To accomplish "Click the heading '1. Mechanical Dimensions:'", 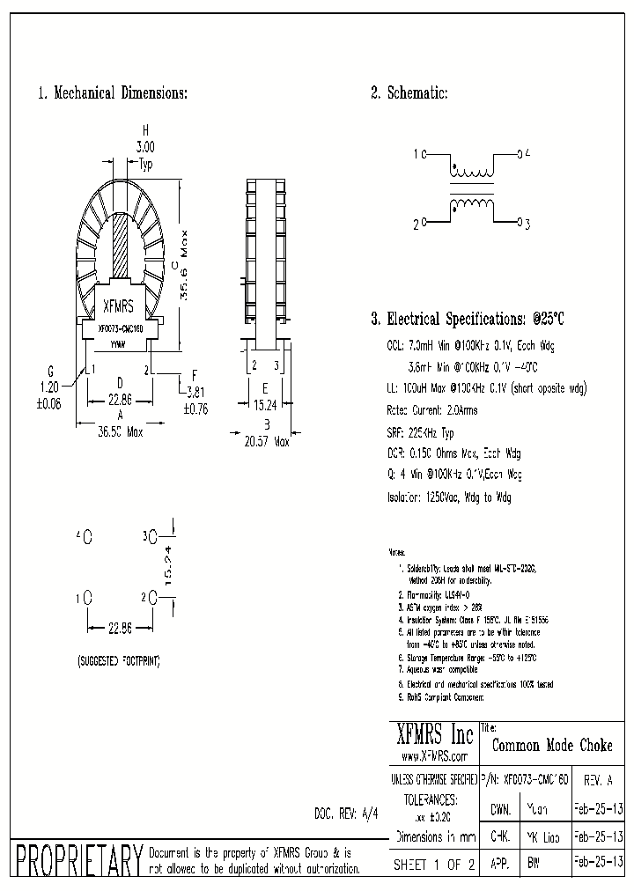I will [x=112, y=93].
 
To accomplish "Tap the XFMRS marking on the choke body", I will [x=119, y=308].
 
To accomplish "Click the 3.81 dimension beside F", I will [x=195, y=394].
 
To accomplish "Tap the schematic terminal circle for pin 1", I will [x=424, y=154].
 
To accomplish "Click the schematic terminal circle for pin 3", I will [x=520, y=223].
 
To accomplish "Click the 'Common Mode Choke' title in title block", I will [x=551, y=745].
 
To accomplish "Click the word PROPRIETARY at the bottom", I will [x=78, y=859].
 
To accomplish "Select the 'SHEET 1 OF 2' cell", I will [x=433, y=865].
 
